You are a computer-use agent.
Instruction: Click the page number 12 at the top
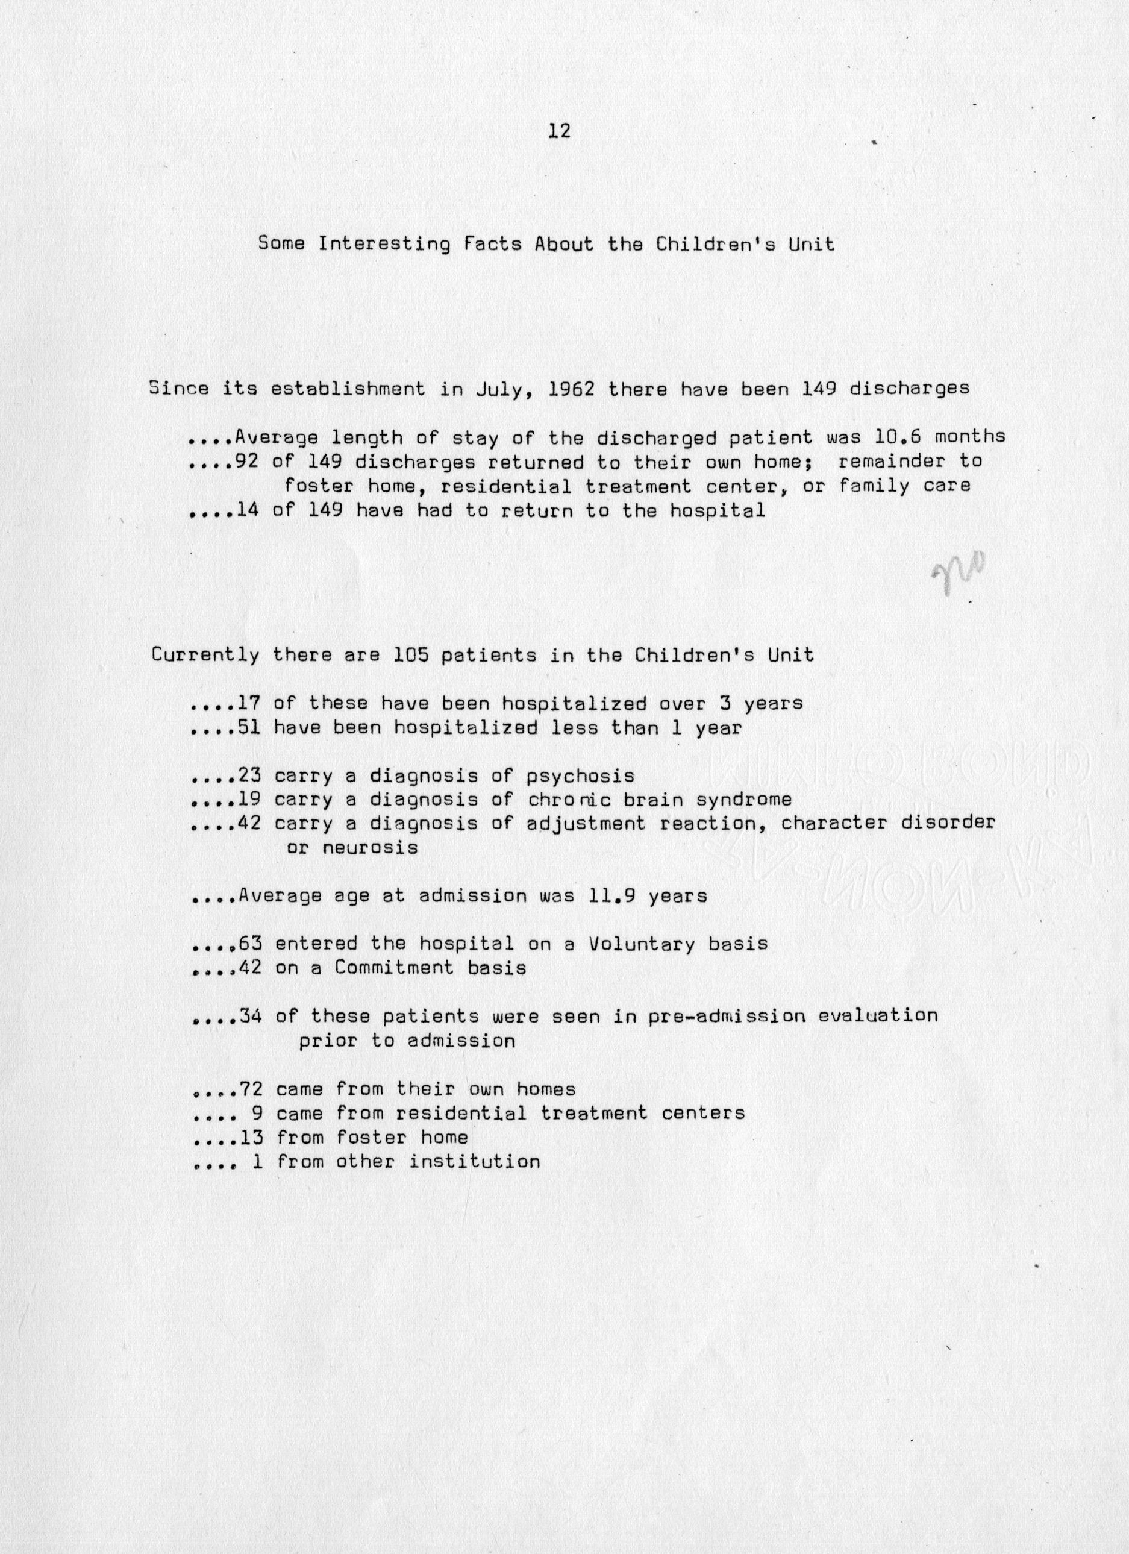pyautogui.click(x=559, y=131)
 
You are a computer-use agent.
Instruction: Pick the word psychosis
pyautogui.click(x=580, y=775)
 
